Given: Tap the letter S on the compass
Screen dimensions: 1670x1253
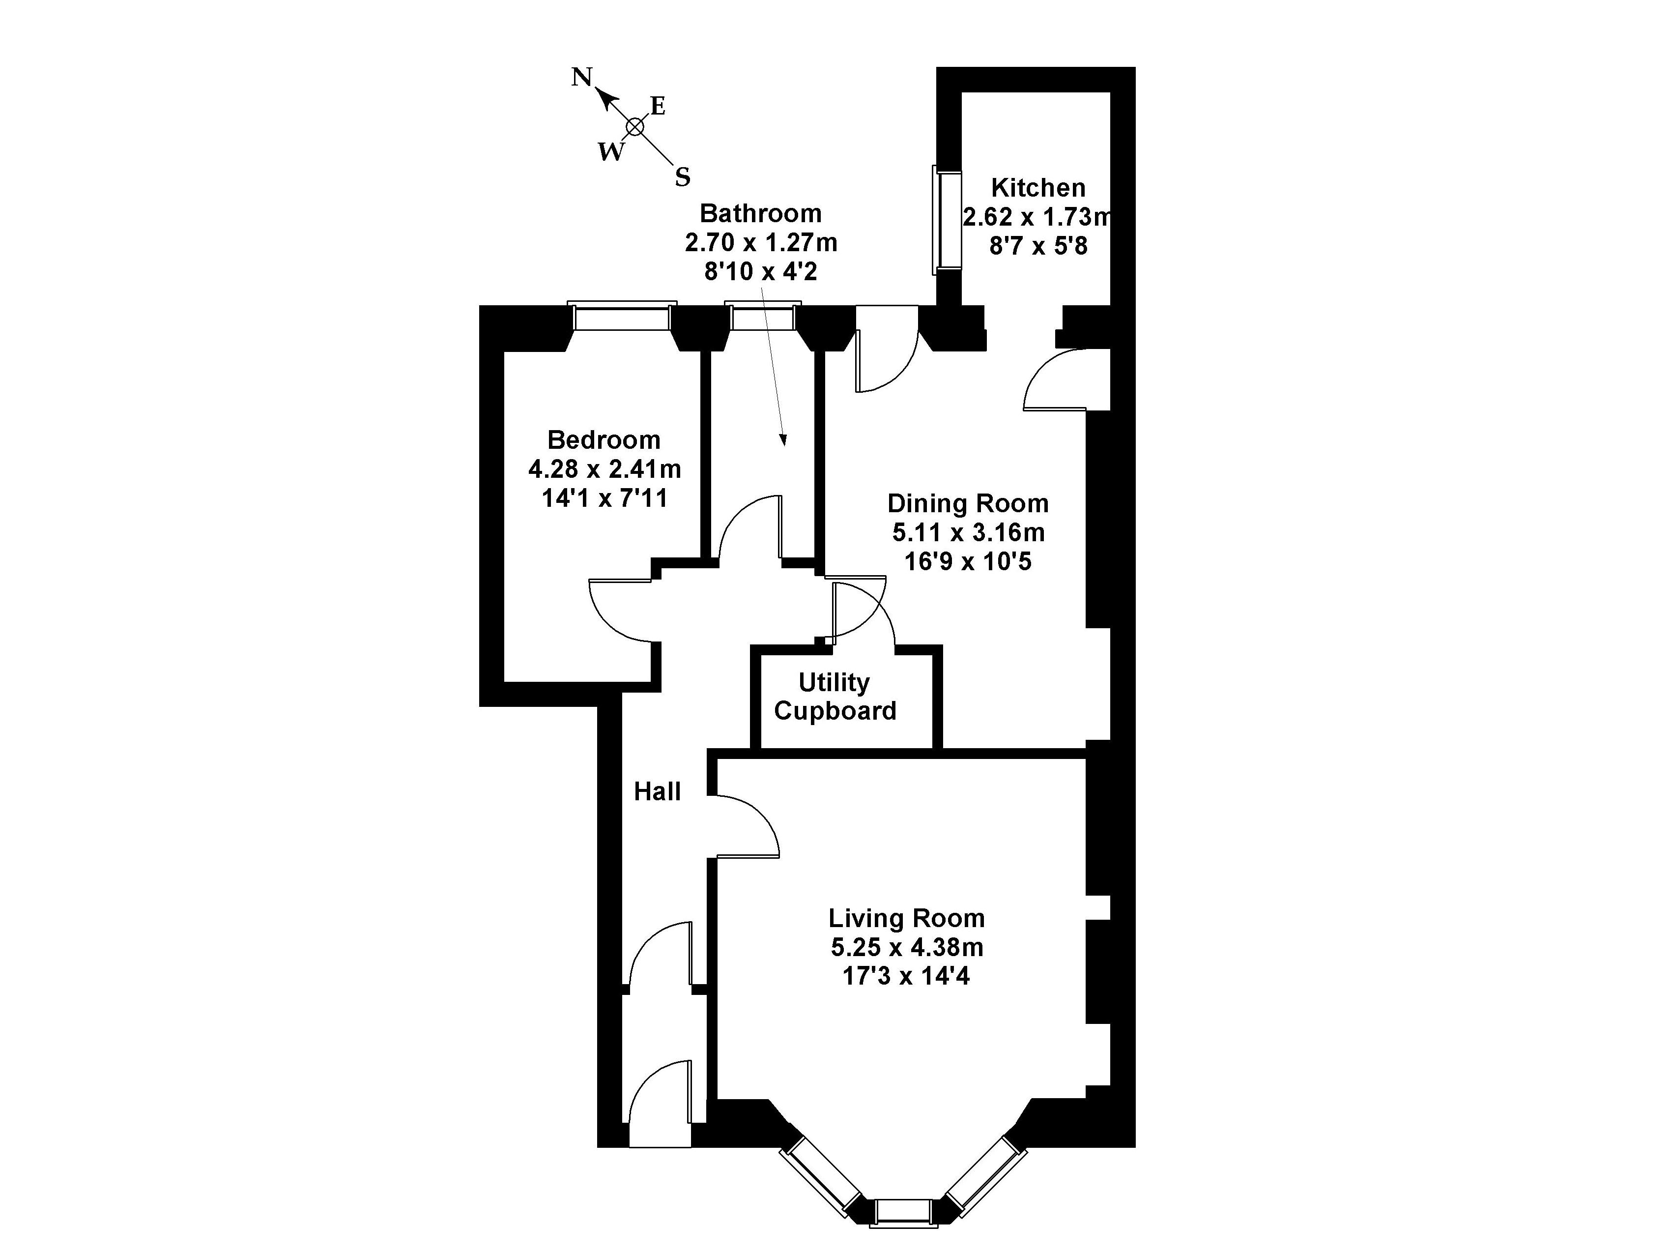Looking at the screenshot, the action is click(683, 177).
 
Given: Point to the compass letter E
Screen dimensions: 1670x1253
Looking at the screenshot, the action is click(658, 107).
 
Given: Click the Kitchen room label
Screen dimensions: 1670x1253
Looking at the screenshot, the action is click(1038, 187).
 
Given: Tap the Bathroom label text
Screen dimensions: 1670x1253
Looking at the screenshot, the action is click(760, 214).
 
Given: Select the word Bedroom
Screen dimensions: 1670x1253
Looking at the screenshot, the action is click(604, 439).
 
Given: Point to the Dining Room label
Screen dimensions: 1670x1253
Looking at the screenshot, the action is click(968, 503).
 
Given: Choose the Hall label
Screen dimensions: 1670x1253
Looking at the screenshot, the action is click(657, 791).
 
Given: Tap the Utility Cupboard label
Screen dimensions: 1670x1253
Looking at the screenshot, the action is click(835, 697).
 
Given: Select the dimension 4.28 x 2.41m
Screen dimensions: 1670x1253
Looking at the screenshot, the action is click(604, 469).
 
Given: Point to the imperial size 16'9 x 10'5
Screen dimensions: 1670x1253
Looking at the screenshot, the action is click(968, 562).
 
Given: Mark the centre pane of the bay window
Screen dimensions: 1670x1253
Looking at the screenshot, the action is click(903, 1233).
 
